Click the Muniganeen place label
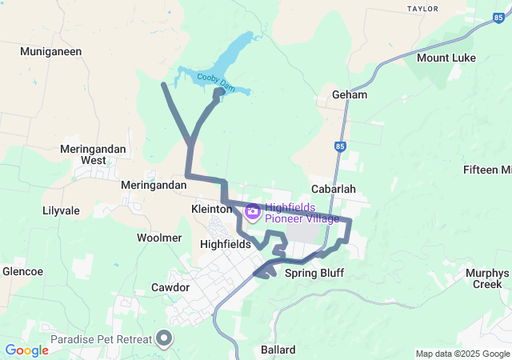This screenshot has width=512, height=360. tap(51, 50)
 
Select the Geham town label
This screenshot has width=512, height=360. tap(350, 94)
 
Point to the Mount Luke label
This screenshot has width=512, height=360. tap(446, 58)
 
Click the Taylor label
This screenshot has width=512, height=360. tap(423, 9)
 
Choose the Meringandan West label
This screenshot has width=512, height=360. tap(82, 154)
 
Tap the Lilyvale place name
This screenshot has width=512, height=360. tap(61, 211)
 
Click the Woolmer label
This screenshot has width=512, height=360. tap(159, 238)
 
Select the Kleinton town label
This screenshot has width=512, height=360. tap(211, 208)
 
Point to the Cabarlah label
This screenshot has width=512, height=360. tap(333, 189)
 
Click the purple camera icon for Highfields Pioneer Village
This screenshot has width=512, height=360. tap(252, 211)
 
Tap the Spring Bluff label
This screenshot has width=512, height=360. tap(320, 273)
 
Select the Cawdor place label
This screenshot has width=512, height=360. tap(170, 287)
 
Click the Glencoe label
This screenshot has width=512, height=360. tap(22, 271)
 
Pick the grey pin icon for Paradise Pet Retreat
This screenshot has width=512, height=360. tap(165, 339)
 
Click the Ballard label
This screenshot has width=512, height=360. tap(278, 350)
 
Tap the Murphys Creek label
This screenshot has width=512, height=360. tap(487, 278)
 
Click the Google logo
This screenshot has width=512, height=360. tap(26, 350)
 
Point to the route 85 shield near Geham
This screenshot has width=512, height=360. tap(340, 146)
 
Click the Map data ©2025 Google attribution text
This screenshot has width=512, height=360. tap(462, 354)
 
